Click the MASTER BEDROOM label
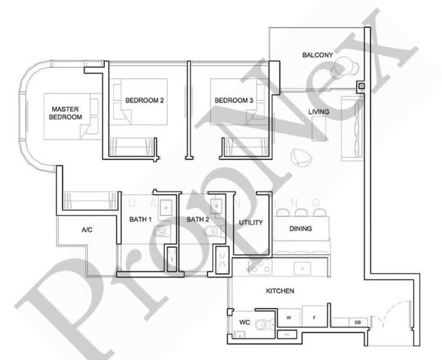click(x=66, y=113)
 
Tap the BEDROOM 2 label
click(x=144, y=101)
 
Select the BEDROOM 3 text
click(x=234, y=101)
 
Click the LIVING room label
click(x=319, y=112)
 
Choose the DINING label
click(x=300, y=229)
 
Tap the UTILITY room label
click(x=251, y=223)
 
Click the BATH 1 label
click(x=141, y=220)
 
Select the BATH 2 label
click(x=198, y=220)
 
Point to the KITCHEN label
click(x=280, y=291)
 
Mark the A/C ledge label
click(x=86, y=230)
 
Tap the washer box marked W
click(x=289, y=317)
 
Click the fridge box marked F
click(x=313, y=317)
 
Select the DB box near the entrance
click(x=357, y=323)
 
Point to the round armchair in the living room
click(x=300, y=157)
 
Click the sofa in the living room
click(x=351, y=129)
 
